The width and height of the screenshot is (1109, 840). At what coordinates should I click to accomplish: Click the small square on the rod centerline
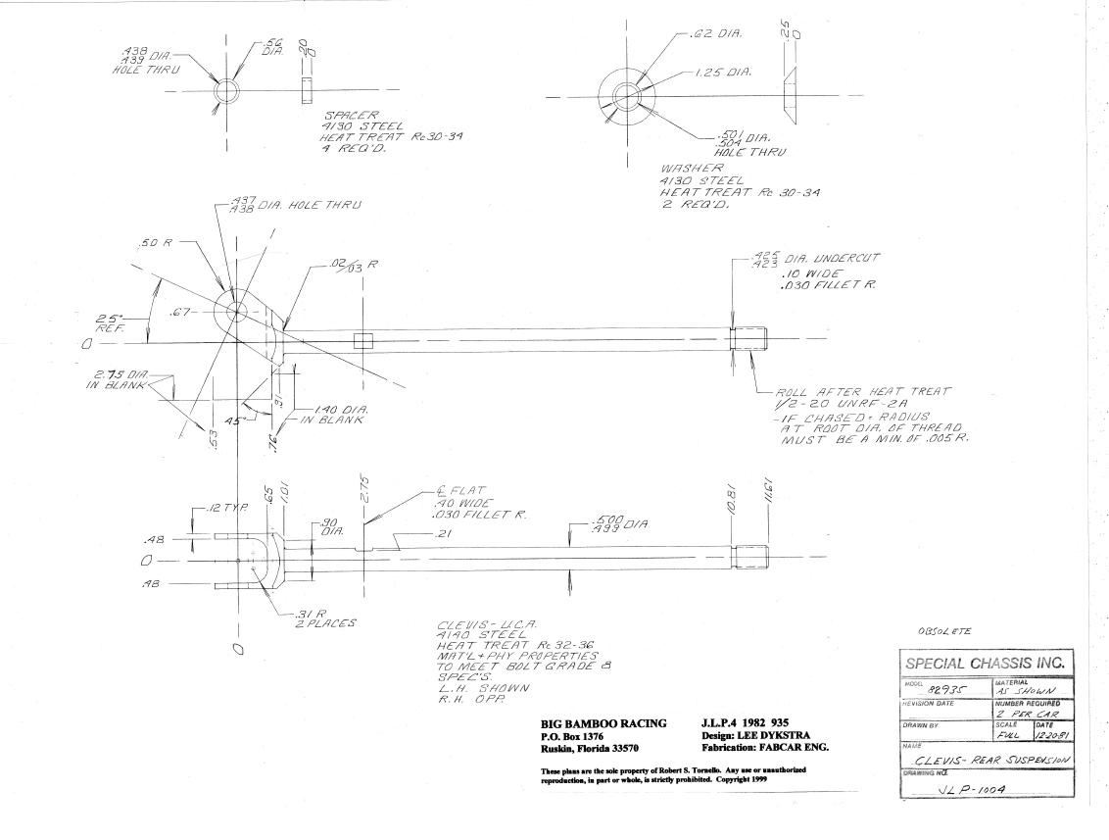[363, 341]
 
